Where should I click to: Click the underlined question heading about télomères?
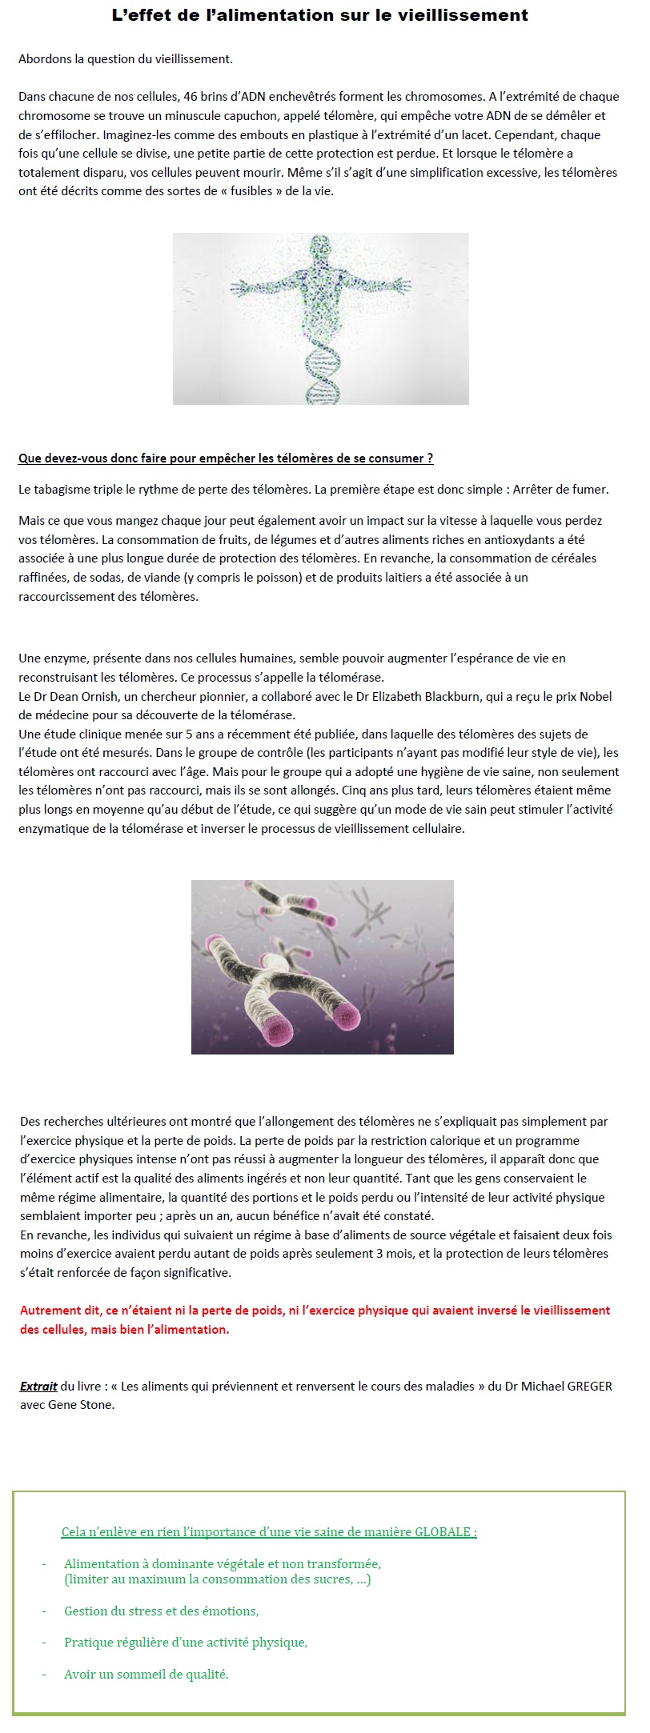(x=226, y=458)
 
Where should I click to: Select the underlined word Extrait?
(x=38, y=1387)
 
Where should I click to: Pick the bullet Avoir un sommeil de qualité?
(x=146, y=1674)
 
